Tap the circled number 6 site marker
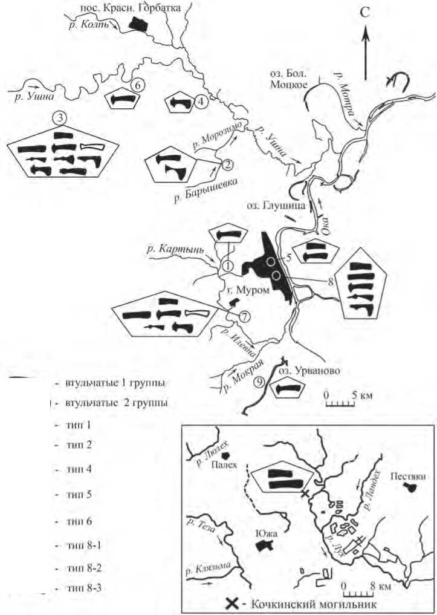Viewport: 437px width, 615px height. [x=137, y=86]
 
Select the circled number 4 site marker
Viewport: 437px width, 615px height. [x=201, y=102]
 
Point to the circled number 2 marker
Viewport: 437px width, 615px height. [x=228, y=163]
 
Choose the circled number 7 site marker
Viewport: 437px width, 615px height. [x=244, y=317]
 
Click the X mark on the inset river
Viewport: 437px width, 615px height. [x=305, y=494]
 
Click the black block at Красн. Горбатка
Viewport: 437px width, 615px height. [x=138, y=24]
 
